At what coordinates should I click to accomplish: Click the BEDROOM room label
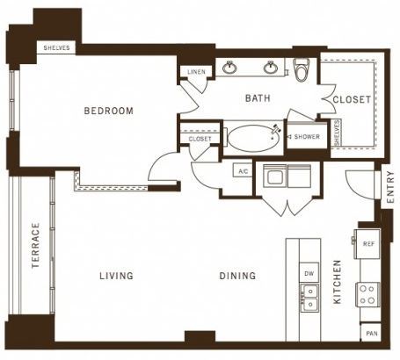click(108, 111)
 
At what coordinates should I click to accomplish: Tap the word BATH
click(258, 98)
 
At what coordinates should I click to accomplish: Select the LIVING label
click(116, 276)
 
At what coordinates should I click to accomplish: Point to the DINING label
click(237, 276)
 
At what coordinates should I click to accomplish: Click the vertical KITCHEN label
click(338, 282)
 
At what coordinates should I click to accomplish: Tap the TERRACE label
click(35, 246)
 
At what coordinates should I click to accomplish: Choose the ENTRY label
click(390, 187)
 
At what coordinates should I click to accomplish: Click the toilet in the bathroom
click(302, 69)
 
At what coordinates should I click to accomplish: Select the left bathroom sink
click(229, 68)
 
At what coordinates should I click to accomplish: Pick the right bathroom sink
click(270, 68)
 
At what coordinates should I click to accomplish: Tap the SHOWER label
click(307, 137)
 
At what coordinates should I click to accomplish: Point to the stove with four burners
click(367, 294)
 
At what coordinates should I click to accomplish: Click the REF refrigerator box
click(367, 244)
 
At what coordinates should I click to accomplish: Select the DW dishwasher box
click(309, 274)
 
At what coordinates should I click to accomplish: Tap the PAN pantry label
click(372, 334)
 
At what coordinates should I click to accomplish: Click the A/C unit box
click(243, 170)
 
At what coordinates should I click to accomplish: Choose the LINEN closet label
click(196, 72)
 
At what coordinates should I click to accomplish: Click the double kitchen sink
click(309, 298)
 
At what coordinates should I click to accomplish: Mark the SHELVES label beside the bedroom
click(56, 47)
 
